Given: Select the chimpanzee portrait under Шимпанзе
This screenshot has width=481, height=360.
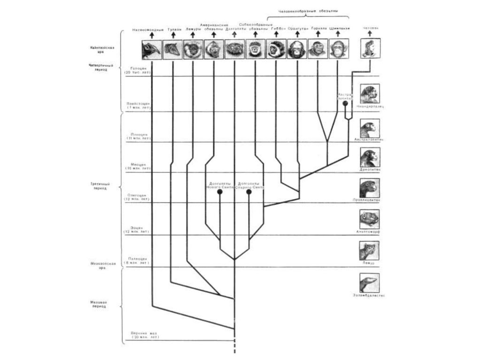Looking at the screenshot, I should [x=338, y=49].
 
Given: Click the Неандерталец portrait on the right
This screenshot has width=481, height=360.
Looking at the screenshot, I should [x=370, y=93].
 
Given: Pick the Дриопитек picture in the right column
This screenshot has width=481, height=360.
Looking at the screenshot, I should [x=370, y=157].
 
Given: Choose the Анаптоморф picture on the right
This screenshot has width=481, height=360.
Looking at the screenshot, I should [x=370, y=219].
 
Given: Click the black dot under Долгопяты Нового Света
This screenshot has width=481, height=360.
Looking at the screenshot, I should [x=219, y=192].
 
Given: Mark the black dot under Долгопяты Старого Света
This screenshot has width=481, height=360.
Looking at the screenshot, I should [x=249, y=192].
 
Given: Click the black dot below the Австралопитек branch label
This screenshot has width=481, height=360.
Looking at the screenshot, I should [x=345, y=103].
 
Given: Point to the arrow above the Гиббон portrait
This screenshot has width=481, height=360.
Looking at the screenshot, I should [x=276, y=34].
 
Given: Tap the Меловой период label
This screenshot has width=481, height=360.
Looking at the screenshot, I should [x=99, y=304].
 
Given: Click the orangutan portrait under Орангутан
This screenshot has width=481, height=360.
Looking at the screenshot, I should [x=297, y=49].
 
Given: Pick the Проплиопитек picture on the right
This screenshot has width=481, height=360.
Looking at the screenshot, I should [x=370, y=188].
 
